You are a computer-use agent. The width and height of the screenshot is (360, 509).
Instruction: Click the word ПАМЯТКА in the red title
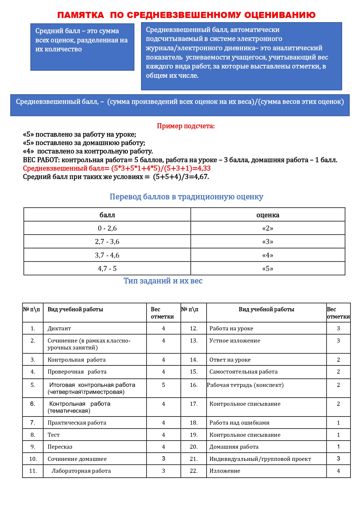80,15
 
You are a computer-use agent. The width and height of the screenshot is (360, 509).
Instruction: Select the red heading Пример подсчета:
186,126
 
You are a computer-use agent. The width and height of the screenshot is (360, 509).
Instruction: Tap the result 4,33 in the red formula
204,168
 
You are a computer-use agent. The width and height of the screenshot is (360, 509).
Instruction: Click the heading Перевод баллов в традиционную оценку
186,197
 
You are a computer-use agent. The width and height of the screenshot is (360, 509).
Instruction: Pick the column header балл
107,215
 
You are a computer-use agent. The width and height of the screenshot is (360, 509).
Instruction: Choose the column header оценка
267,215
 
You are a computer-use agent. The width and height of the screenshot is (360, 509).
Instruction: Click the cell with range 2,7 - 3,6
107,242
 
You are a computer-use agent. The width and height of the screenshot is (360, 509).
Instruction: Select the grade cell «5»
267,269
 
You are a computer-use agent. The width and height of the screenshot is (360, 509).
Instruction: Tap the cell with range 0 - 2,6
107,228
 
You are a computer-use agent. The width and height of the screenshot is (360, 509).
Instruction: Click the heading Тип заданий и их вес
163,281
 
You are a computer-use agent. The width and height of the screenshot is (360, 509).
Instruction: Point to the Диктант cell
59,328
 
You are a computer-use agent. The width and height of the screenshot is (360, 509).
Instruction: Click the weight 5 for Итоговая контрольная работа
163,385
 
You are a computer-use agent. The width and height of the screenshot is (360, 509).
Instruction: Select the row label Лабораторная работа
81,471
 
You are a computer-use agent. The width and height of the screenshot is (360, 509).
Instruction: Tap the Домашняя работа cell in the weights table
234,447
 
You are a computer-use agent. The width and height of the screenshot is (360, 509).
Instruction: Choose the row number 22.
193,471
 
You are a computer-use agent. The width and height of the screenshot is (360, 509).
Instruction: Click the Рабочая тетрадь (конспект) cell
245,385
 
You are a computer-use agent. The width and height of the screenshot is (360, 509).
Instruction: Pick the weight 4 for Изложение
338,471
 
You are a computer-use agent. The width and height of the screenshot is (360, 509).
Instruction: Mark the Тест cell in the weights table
54,435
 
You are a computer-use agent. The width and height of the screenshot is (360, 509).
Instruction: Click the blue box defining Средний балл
82,47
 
